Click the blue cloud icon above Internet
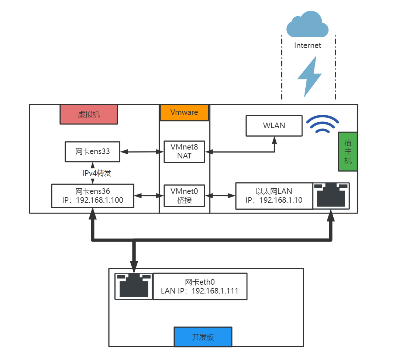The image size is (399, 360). click(x=307, y=24)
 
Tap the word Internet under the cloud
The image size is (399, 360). click(x=307, y=45)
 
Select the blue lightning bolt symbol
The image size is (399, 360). click(x=309, y=76)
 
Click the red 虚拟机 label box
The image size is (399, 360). click(x=89, y=114)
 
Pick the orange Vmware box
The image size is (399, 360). click(x=184, y=112)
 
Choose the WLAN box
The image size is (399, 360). click(x=274, y=126)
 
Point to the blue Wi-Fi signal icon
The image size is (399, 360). click(x=322, y=124)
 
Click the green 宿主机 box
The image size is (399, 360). click(x=348, y=151)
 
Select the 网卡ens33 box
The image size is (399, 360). click(x=92, y=152)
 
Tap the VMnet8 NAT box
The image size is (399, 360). click(x=184, y=152)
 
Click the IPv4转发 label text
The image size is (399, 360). click(x=97, y=173)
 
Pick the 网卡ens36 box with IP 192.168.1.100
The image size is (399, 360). click(x=93, y=196)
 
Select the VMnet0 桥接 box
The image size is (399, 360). click(x=184, y=196)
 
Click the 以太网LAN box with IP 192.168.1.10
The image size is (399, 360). click(x=274, y=196)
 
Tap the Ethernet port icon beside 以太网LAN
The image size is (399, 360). click(x=331, y=196)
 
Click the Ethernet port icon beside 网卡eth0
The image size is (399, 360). click(x=134, y=287)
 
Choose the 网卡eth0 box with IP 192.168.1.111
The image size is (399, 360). click(x=200, y=287)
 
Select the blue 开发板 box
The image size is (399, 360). click(x=203, y=337)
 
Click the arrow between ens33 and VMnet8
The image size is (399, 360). click(x=142, y=152)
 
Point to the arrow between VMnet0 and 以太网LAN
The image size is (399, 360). click(x=220, y=196)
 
